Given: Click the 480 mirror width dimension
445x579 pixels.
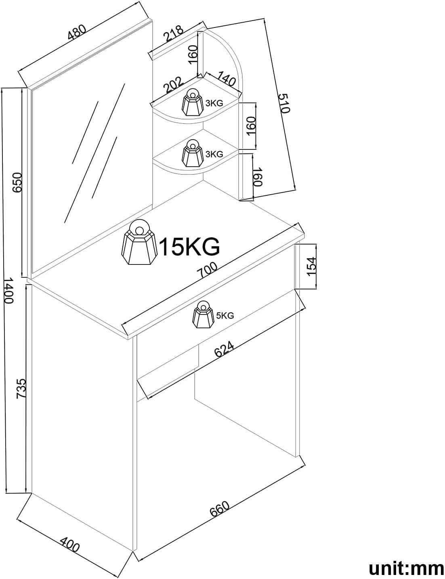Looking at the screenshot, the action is [x=77, y=33].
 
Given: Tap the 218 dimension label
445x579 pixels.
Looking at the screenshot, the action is [x=174, y=33].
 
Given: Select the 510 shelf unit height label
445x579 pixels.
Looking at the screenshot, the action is [x=284, y=103].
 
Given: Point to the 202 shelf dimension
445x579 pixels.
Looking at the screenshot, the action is [x=173, y=85].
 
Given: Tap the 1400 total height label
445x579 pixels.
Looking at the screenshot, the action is [x=8, y=290].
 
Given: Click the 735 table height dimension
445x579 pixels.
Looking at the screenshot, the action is [x=21, y=389].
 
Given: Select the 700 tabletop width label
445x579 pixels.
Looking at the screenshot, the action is [x=207, y=270].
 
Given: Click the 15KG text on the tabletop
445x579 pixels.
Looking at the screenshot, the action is [x=189, y=247].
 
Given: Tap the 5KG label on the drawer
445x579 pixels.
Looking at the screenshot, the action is [x=225, y=316].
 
